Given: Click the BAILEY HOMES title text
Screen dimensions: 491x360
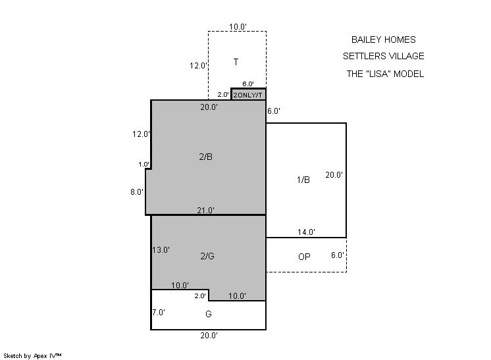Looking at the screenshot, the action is [383, 39].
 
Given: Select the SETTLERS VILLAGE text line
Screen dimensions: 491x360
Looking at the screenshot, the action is [383, 57].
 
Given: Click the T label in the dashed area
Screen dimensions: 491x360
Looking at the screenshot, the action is [236, 62].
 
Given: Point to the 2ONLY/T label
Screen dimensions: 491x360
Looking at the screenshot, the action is [247, 95].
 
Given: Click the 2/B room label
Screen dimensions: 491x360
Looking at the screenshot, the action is [206, 157].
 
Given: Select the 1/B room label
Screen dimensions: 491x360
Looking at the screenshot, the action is [303, 180].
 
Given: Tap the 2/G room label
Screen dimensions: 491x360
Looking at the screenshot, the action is [207, 257].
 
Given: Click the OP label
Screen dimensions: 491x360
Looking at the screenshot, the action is [304, 257].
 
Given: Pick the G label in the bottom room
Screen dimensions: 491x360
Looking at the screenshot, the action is [209, 314].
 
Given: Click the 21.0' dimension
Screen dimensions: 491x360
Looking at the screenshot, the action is [206, 211].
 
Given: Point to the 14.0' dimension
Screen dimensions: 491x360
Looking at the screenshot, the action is [306, 232].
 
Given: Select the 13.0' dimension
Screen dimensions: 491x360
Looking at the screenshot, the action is [161, 250].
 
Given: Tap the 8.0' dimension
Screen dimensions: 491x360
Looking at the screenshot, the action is [137, 192].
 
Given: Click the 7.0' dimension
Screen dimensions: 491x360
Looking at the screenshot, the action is [159, 313].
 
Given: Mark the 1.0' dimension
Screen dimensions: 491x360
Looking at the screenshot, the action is [144, 165].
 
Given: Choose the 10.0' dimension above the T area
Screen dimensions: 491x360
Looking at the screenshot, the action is [238, 27].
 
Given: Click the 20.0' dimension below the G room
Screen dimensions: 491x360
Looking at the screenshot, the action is [209, 336].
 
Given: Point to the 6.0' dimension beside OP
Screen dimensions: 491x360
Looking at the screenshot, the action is [338, 255].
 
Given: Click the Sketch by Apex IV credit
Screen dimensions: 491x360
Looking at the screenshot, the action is [32, 356].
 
